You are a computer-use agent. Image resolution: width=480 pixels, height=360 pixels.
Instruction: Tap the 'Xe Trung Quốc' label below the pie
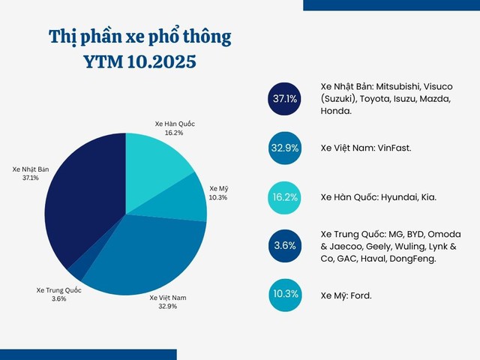click(59, 289)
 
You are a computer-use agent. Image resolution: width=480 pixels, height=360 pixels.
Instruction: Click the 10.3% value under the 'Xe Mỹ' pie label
click(218, 197)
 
